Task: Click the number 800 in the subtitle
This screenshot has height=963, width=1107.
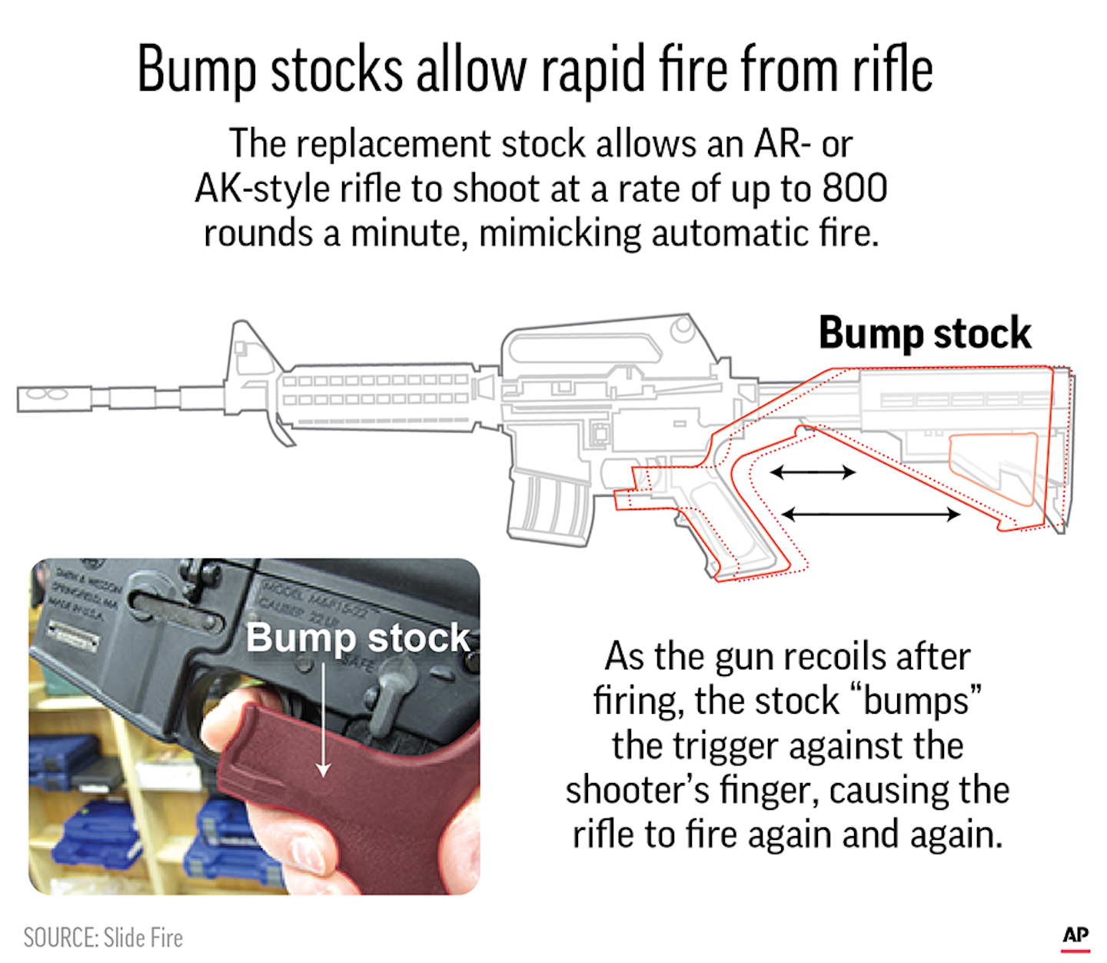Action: click(854, 188)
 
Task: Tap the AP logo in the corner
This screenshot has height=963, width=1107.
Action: click(1075, 935)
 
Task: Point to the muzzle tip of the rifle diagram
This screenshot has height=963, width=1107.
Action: click(23, 399)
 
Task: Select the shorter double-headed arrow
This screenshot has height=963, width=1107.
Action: click(813, 472)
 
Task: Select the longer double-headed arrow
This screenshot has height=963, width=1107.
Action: click(870, 514)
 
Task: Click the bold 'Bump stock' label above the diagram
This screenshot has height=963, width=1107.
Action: click(924, 333)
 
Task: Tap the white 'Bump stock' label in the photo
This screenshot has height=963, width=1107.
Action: click(357, 638)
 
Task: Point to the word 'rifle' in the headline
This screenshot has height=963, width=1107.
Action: click(893, 71)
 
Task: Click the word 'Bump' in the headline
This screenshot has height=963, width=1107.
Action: click(197, 71)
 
